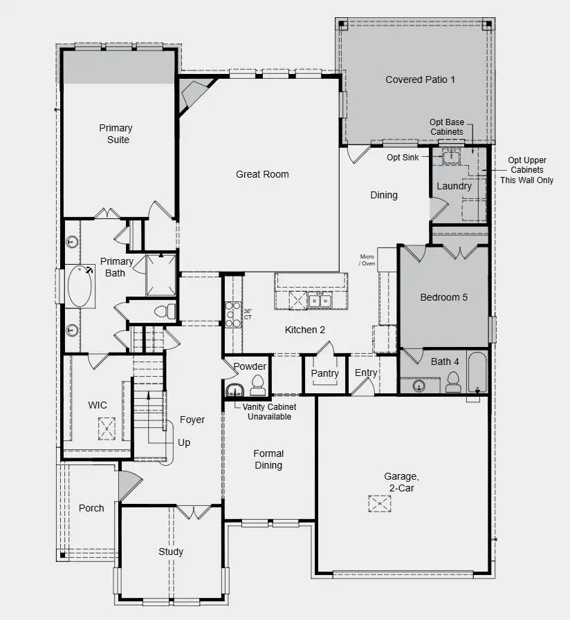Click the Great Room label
click(x=262, y=174)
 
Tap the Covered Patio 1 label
click(x=421, y=79)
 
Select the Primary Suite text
click(x=116, y=133)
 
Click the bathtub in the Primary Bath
click(x=82, y=286)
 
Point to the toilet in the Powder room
click(x=257, y=382)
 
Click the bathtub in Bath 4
click(x=478, y=372)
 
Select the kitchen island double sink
click(x=320, y=299)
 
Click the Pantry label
click(x=324, y=374)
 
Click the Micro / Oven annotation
click(x=367, y=259)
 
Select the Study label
click(x=171, y=552)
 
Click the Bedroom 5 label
click(x=444, y=297)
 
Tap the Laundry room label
click(x=454, y=186)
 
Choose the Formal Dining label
click(x=268, y=460)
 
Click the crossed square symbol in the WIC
click(x=107, y=429)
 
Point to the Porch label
click(x=91, y=508)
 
